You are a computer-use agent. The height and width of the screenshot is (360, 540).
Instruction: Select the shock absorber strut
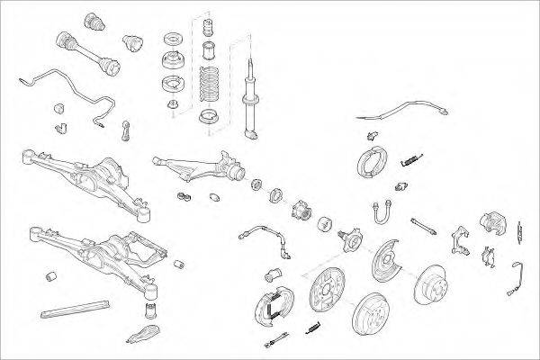[x=250, y=90]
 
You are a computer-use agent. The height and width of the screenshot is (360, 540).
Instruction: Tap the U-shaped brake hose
[x=379, y=212]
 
